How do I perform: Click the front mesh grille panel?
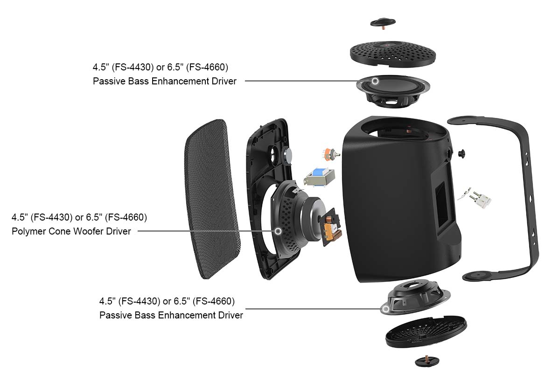[x=212, y=198]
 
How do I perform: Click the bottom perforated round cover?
[x=426, y=332]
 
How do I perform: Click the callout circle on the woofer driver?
[x=278, y=231]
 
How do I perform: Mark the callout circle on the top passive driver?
[x=375, y=81]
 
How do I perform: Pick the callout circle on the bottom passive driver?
[x=385, y=309]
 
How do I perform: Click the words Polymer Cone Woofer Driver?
[x=71, y=231]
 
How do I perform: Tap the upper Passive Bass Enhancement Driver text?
[x=165, y=81]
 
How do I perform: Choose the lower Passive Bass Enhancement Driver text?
[x=171, y=315]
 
